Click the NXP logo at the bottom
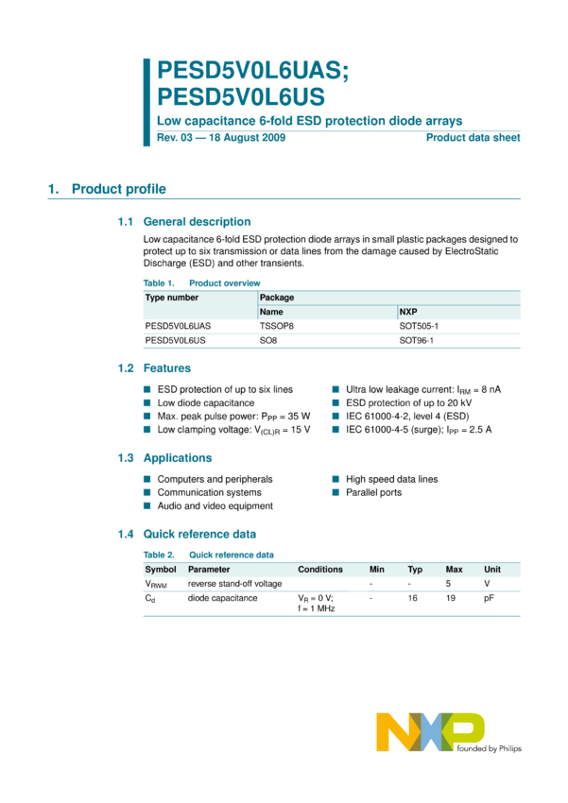pyautogui.click(x=431, y=733)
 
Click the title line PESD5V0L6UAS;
pyautogui.click(x=253, y=72)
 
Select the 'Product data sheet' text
pyautogui.click(x=473, y=138)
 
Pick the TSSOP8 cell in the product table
pyautogui.click(x=278, y=325)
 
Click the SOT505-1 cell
pyautogui.click(x=420, y=325)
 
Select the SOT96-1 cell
pyautogui.click(x=417, y=339)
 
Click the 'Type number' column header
pyautogui.click(x=172, y=298)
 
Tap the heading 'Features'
pyautogui.click(x=166, y=368)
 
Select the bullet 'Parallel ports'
pyautogui.click(x=373, y=492)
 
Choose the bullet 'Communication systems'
pyautogui.click(x=209, y=492)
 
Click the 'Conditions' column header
pyautogui.click(x=320, y=570)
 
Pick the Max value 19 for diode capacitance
pyautogui.click(x=451, y=598)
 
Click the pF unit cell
pyautogui.click(x=489, y=598)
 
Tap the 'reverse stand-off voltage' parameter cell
pyautogui.click(x=234, y=584)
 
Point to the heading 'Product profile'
pyautogui.click(x=119, y=189)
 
